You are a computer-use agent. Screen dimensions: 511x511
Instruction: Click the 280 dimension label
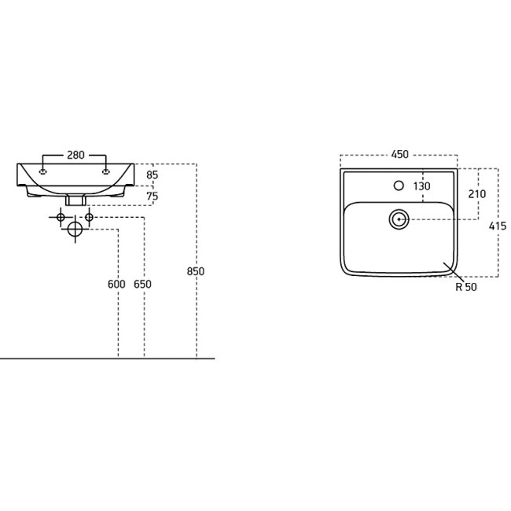pos(75,155)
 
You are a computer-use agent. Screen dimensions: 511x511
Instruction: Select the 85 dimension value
pos(153,175)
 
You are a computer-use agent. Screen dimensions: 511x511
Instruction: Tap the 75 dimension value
pos(153,197)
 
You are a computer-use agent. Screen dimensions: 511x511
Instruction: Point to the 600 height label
pos(116,284)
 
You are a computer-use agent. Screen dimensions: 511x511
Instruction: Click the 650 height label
pos(142,284)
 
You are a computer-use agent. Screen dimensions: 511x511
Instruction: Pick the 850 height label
pos(196,271)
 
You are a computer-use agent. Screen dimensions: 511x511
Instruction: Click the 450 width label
pos(399,154)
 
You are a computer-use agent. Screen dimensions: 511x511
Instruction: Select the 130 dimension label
pos(421,186)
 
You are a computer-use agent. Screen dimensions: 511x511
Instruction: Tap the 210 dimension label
pos(477,194)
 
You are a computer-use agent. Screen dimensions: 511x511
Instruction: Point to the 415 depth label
pos(498,226)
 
